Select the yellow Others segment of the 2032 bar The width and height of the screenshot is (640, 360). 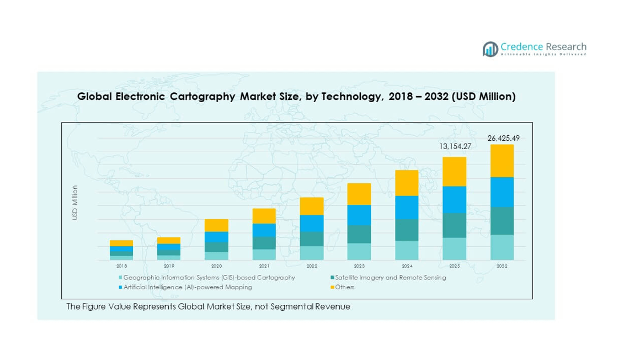(502, 161)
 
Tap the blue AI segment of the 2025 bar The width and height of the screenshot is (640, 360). (454, 199)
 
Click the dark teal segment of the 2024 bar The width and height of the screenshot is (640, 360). (407, 230)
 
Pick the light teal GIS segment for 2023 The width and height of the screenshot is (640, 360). (359, 251)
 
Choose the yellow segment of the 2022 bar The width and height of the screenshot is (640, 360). (312, 206)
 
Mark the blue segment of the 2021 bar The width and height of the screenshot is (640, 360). (264, 230)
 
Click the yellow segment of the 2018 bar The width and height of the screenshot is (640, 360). (121, 243)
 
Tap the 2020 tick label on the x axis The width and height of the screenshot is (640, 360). (217, 266)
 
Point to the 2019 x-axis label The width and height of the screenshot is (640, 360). (169, 266)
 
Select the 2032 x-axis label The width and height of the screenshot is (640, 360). (502, 266)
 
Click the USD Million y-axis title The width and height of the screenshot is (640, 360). (75, 203)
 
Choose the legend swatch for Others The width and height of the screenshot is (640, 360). (332, 287)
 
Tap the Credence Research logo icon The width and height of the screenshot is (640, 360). (490, 49)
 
